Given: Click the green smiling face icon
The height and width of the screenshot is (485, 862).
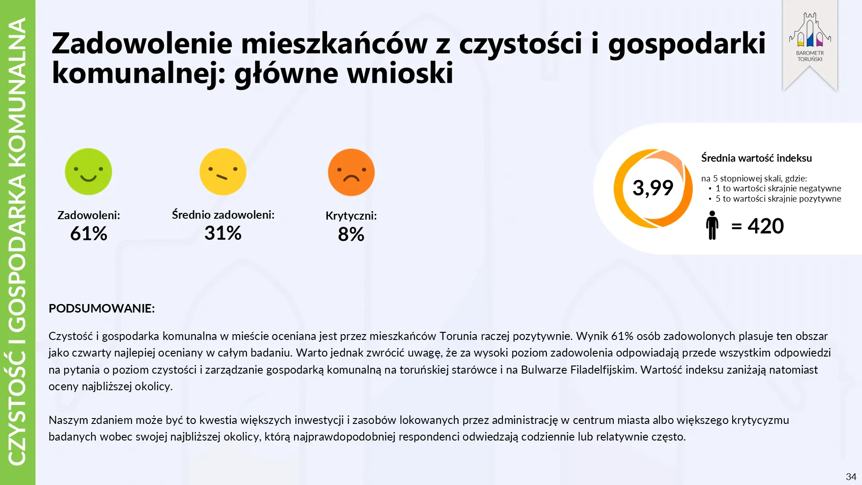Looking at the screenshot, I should tap(88, 172).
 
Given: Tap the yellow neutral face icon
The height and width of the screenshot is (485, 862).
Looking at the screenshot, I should tap(223, 172).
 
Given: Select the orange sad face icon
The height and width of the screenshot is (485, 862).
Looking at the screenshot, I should tap(351, 172).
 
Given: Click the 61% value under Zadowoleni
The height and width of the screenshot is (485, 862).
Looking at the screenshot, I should tap(88, 234).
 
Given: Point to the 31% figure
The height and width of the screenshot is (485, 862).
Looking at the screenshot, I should tap(223, 233).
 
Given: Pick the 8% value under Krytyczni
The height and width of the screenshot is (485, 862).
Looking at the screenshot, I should tap(351, 234).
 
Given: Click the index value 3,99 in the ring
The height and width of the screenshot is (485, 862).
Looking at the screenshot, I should tap(653, 188).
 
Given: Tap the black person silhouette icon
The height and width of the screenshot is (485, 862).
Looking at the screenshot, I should tap(712, 225).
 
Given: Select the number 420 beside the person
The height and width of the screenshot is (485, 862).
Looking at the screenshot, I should tap(765, 226).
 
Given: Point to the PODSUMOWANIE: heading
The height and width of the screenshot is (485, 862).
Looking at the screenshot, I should tap(101, 309).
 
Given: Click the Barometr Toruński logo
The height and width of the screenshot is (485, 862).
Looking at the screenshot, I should tap(810, 38).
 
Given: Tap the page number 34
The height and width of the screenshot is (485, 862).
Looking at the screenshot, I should tap(851, 477).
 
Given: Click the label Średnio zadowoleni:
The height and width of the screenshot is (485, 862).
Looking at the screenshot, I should tap(223, 215).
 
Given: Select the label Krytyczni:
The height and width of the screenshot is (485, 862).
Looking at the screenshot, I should tap(351, 216).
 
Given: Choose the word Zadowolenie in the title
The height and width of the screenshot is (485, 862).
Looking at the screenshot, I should tap(142, 44).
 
